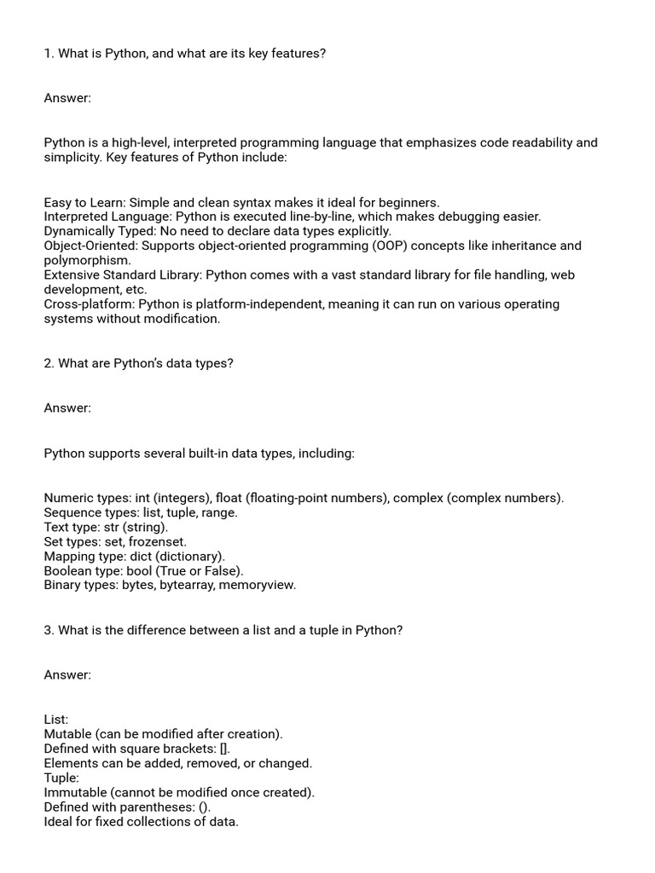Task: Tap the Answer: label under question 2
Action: click(67, 408)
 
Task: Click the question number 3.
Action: click(49, 630)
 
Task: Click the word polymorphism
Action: click(87, 260)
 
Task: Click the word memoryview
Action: click(258, 585)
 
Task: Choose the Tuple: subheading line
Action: click(61, 778)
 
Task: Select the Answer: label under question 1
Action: click(67, 98)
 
